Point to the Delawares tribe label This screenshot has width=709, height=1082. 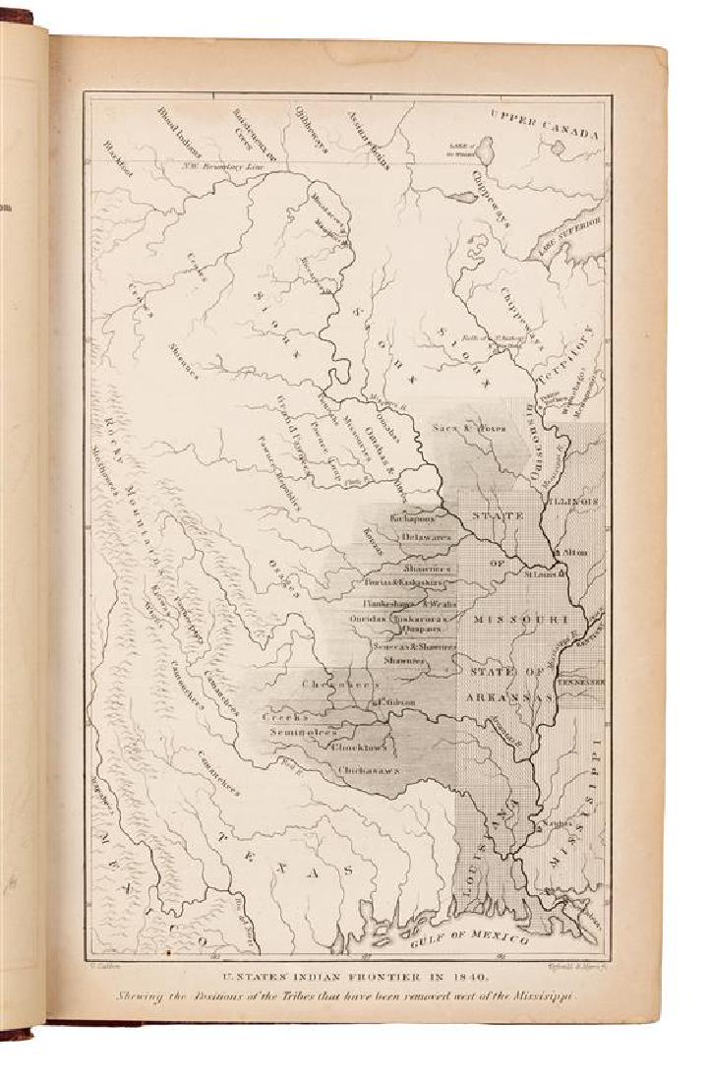tap(425, 538)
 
